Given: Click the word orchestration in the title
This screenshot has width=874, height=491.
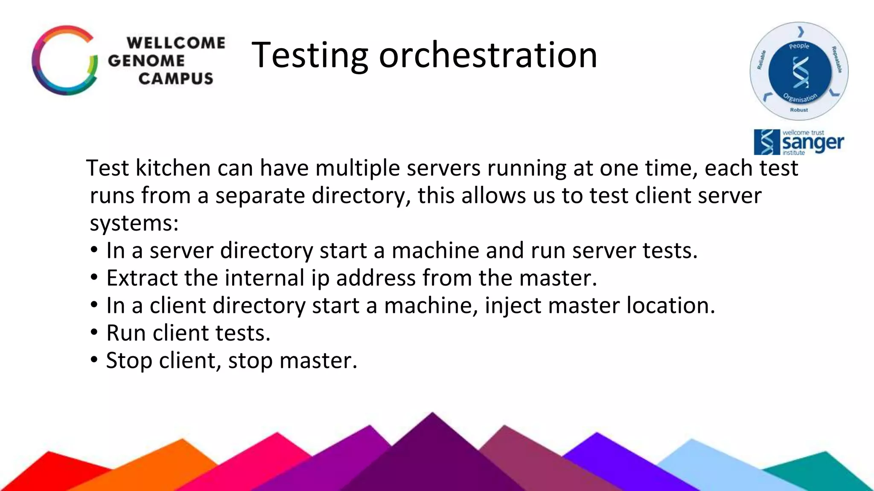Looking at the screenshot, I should tap(488, 55).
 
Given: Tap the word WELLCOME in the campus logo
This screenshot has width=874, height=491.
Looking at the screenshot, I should tap(176, 43).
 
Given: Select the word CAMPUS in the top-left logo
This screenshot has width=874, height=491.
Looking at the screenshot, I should tap(176, 78).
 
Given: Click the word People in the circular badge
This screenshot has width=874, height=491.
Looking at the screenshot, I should tap(799, 46).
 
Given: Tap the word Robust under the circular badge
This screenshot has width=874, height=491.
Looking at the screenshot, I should tap(799, 110).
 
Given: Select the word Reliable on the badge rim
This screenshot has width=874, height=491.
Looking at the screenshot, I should tap(761, 60).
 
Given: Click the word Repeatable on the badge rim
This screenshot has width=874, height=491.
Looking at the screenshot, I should tap(837, 59).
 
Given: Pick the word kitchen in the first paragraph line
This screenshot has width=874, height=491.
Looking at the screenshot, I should tap(173, 168).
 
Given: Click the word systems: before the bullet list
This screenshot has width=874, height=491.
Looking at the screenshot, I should tap(134, 223).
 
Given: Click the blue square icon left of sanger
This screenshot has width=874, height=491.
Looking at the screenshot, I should tap(767, 142).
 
